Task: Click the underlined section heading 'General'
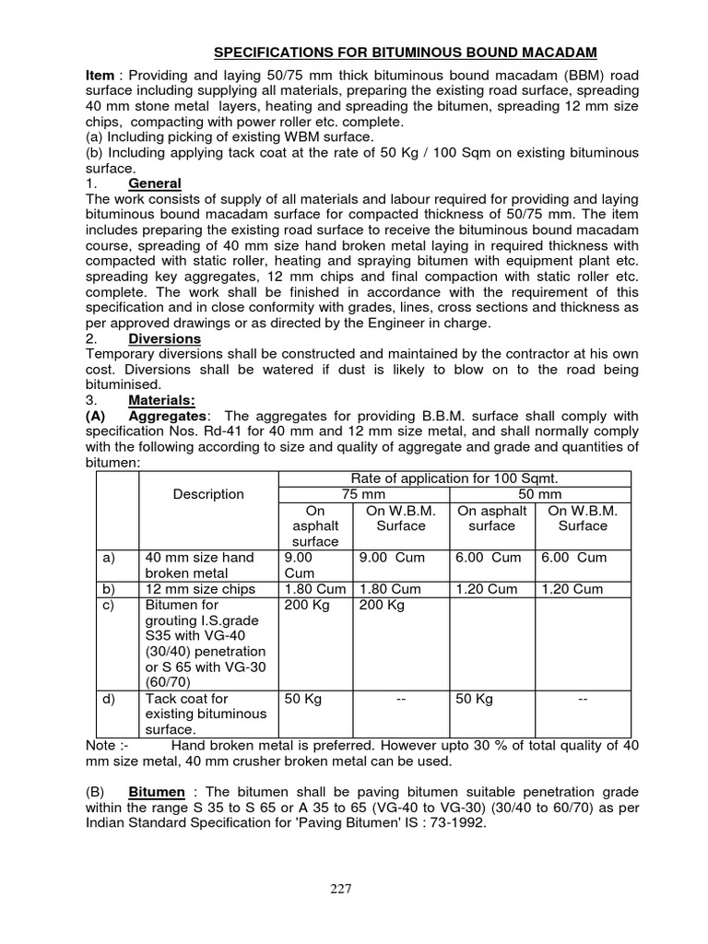pos(155,183)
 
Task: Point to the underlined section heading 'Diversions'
pos(164,338)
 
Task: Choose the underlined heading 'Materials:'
pos(160,400)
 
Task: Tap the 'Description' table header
pos(208,494)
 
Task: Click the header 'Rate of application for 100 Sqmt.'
pos(454,478)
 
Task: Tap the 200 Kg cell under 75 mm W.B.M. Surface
pos(383,605)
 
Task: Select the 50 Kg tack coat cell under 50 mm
pos(475,699)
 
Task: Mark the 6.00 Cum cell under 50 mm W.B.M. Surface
pos(574,558)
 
